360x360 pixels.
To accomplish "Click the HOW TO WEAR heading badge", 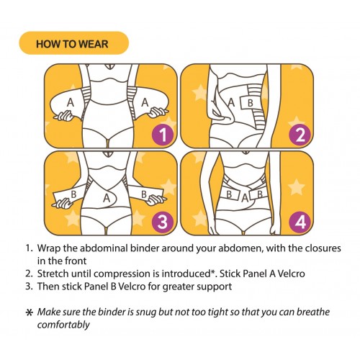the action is coord(74,43).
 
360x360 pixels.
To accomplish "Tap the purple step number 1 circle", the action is coord(163,135).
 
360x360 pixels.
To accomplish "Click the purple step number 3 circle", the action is coord(163,222).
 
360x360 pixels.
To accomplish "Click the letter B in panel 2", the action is coord(251,103).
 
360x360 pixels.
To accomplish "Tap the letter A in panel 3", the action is coord(107,198).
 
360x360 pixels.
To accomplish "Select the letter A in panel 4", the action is coord(245,199).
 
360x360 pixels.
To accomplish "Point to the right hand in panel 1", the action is coord(158,112).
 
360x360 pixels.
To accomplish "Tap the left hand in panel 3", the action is coord(63,204).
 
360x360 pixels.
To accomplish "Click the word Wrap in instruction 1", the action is coord(49,248).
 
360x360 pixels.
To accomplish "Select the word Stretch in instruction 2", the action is coord(53,274).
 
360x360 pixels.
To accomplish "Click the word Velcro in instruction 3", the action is coord(132,287).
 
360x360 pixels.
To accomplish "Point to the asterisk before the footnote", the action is coord(29,312).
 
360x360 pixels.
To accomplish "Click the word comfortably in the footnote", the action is coord(63,325).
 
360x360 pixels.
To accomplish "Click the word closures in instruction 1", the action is coord(323,248).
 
